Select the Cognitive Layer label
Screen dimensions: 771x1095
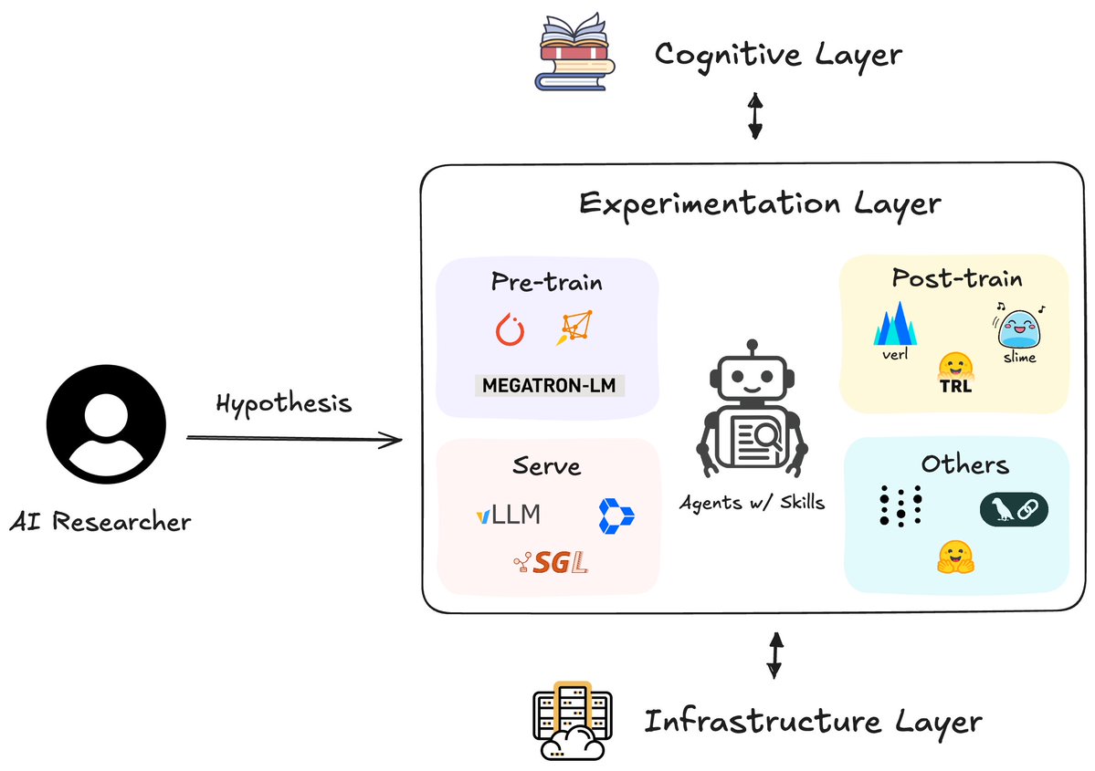point(778,55)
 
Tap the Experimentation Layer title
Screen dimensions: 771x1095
point(759,203)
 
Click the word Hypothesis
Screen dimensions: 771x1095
point(283,402)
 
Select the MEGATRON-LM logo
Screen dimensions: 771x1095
point(549,385)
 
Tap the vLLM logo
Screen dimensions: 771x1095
point(508,515)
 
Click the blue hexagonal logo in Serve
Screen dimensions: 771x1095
point(616,516)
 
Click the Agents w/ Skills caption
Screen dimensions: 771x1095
point(753,501)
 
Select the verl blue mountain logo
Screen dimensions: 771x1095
point(895,325)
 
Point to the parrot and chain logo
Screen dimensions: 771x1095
point(1014,509)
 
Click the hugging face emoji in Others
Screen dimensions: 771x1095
point(955,557)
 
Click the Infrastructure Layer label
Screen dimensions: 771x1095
point(813,722)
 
